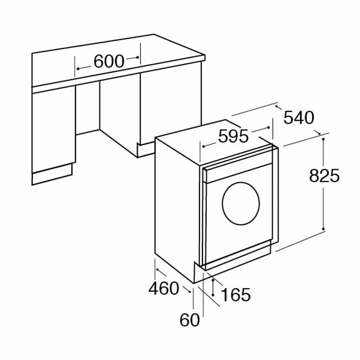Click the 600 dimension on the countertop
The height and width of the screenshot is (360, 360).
point(109,62)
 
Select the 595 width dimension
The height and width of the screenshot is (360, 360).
point(234,137)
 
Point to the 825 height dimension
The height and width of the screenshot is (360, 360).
point(324,176)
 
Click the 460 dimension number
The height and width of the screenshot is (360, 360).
point(164,288)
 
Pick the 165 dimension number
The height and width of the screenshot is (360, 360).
point(235,295)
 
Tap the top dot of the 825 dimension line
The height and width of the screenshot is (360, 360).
point(324,138)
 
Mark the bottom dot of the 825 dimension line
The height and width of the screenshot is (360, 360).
point(324,229)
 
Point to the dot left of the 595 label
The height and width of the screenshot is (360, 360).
point(203,147)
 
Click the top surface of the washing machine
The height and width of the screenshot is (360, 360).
point(212,139)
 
